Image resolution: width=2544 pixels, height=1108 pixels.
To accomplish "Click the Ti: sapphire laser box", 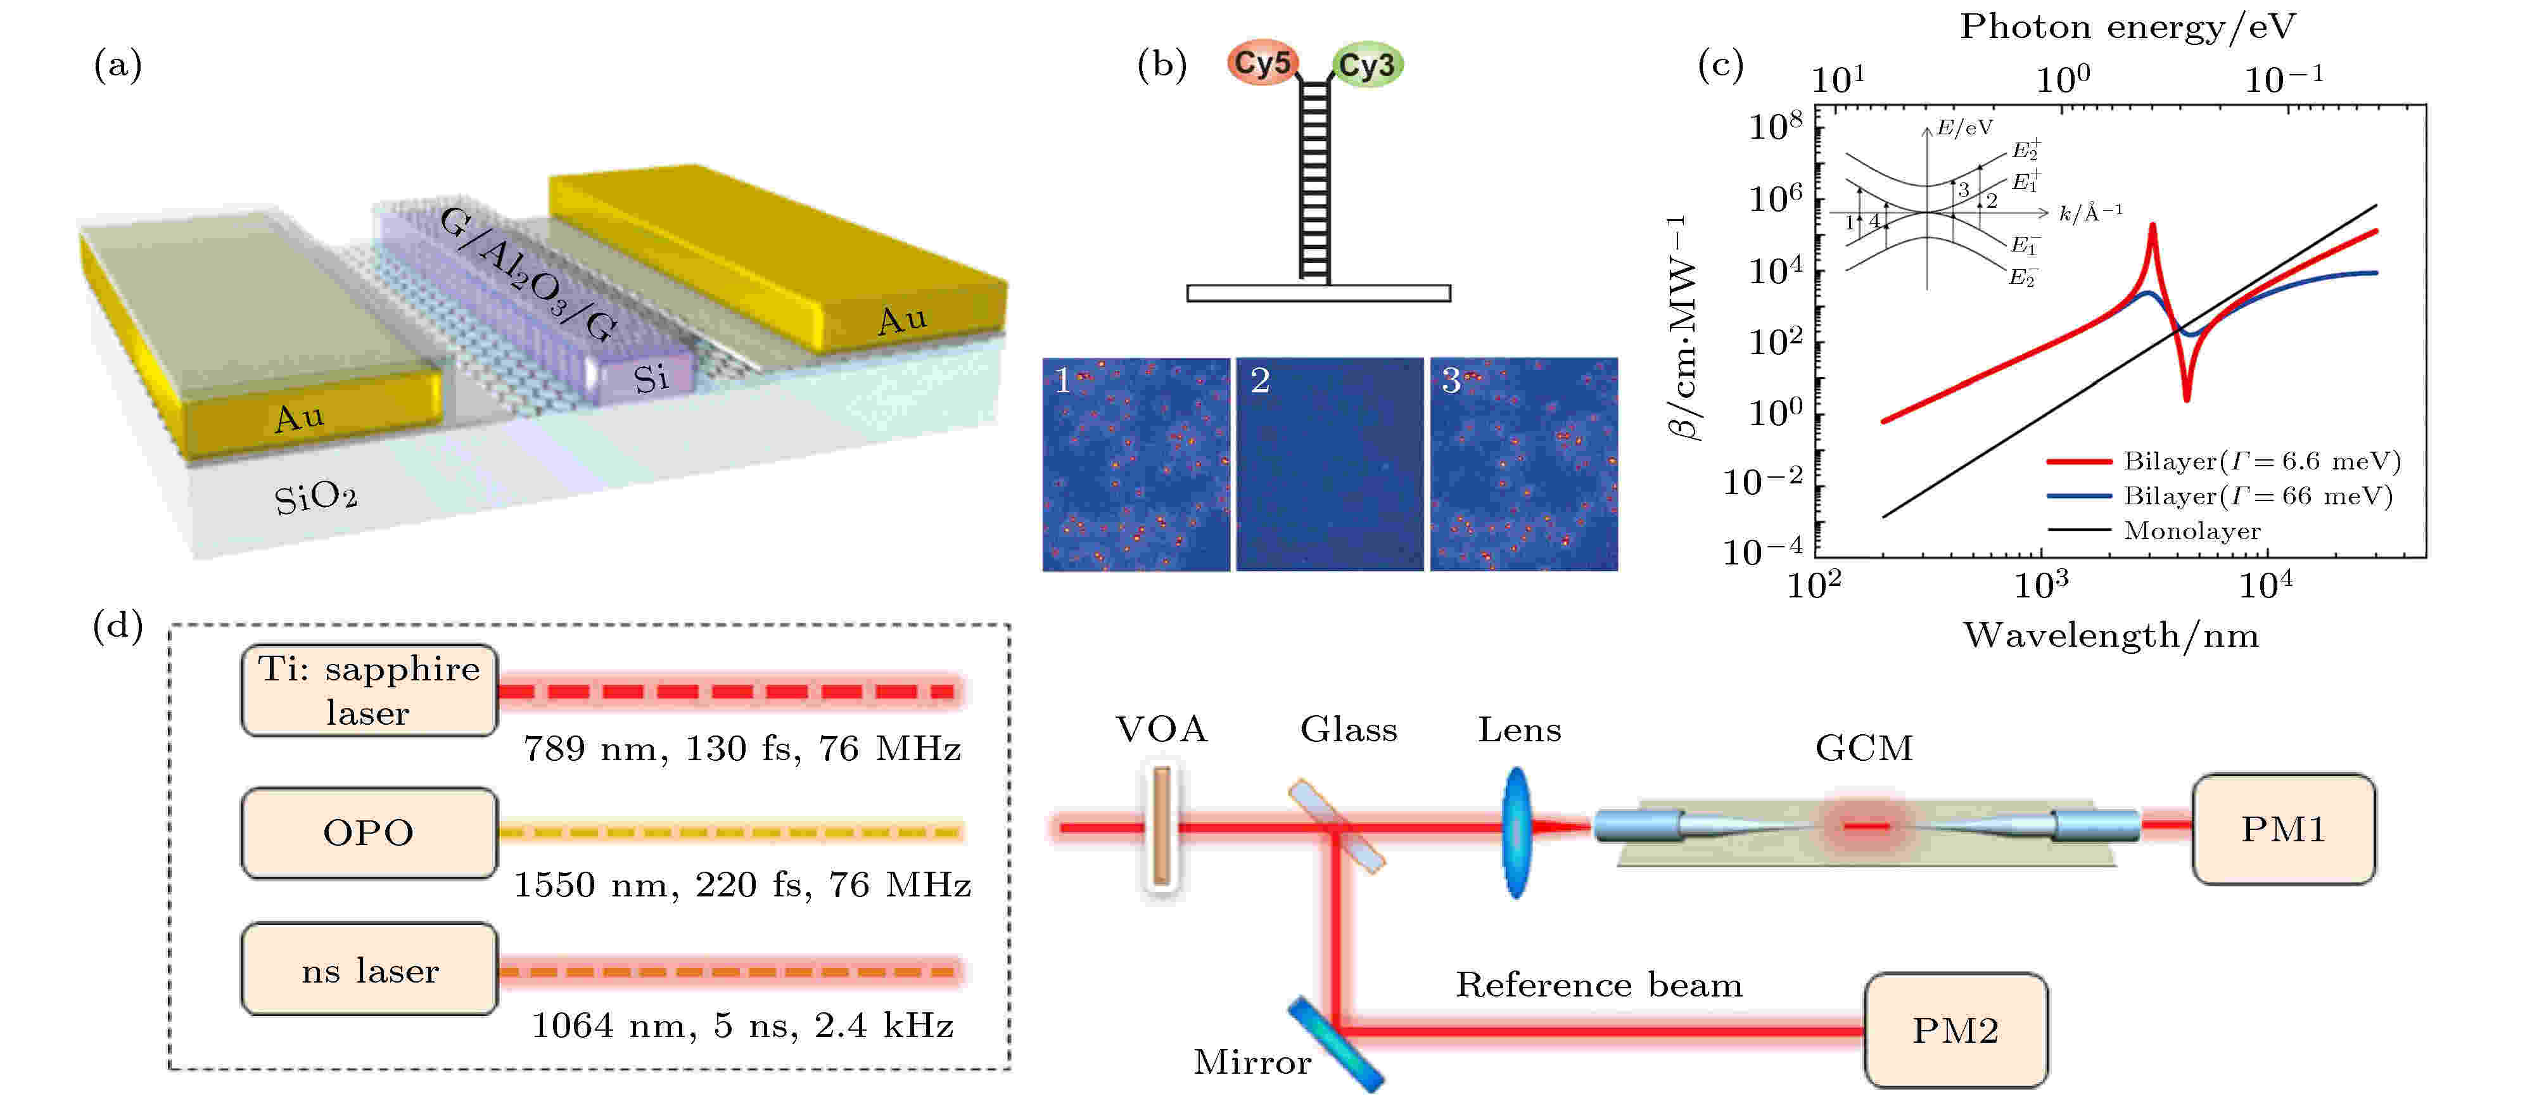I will [x=369, y=691].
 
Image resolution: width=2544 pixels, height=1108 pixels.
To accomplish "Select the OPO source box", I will [x=369, y=832].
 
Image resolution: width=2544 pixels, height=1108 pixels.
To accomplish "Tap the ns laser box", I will [x=369, y=970].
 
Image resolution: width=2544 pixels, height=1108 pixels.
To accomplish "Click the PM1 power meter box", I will [x=2282, y=829].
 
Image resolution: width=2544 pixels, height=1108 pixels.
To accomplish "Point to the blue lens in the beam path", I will [x=1516, y=832].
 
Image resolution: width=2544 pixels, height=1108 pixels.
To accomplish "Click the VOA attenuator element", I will [x=1161, y=825].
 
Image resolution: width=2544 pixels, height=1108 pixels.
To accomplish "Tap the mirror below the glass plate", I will [x=1335, y=1044].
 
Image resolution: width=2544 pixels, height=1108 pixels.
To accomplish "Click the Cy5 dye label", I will [x=1262, y=63].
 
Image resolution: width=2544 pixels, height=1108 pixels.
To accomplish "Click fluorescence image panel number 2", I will [x=1329, y=464].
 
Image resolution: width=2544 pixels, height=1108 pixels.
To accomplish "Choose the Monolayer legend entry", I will [x=2191, y=532].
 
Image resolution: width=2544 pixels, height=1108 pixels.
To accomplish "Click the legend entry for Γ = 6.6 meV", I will [x=2261, y=461].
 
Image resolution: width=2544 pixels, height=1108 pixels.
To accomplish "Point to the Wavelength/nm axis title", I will [x=2111, y=635].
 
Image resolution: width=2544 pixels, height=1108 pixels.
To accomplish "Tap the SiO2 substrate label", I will [x=315, y=497].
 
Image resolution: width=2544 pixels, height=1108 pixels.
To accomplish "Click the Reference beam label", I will [x=1598, y=984].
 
